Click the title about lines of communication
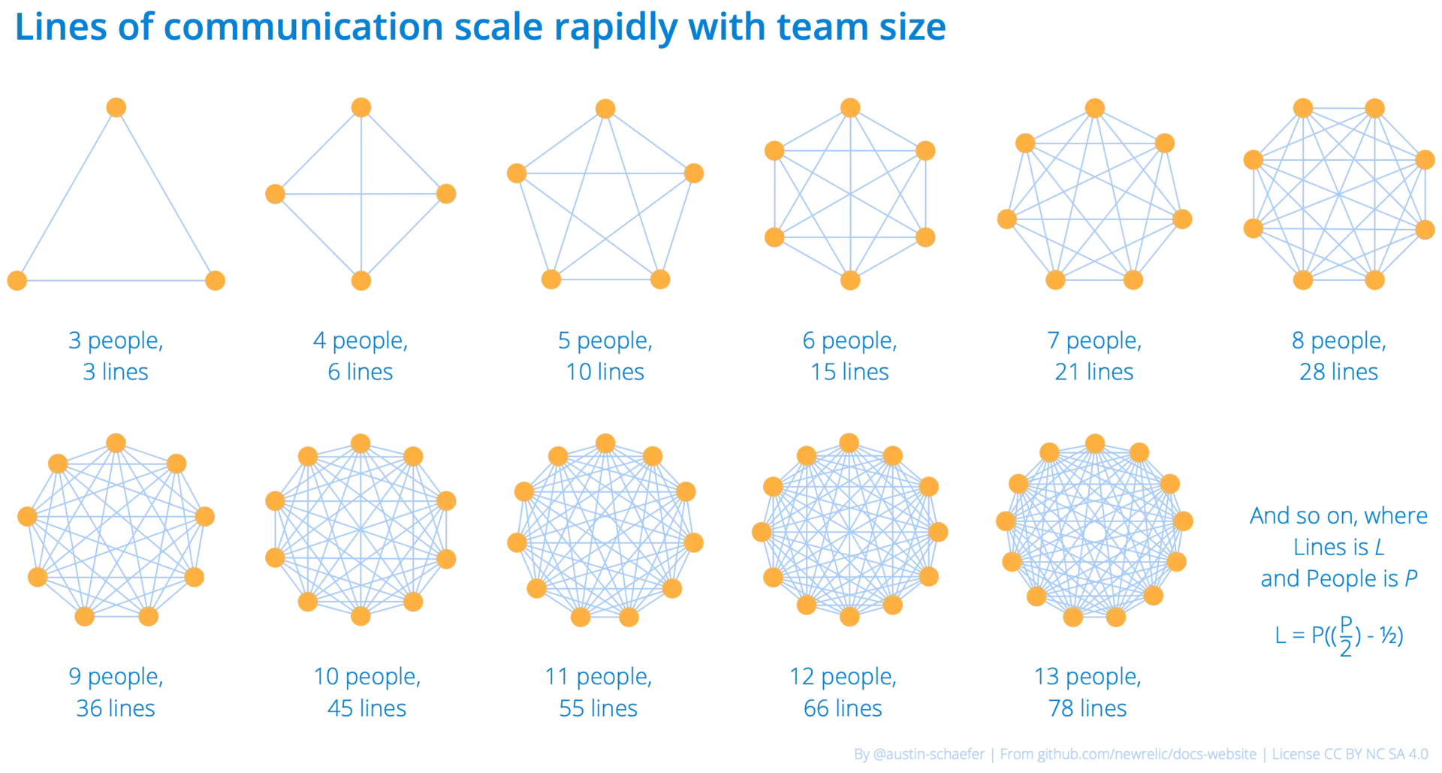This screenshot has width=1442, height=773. click(481, 29)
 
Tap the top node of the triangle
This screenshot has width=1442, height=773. click(116, 107)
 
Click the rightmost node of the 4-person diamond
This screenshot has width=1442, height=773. click(446, 194)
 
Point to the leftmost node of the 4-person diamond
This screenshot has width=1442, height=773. click(274, 192)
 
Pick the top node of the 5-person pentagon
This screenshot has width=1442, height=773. click(605, 107)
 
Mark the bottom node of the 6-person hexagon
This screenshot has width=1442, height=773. click(849, 281)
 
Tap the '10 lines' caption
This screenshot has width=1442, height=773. click(607, 373)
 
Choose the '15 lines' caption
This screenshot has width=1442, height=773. click(849, 373)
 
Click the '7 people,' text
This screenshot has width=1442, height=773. click(1094, 342)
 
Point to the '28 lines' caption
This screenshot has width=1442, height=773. click(1338, 373)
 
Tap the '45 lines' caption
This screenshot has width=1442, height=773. click(367, 709)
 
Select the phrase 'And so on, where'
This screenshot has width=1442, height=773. click(1338, 517)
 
